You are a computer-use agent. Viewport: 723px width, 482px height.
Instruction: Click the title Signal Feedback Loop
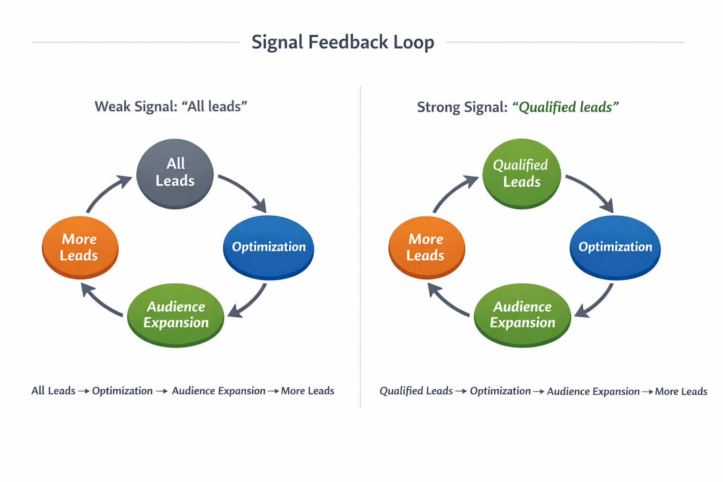pyautogui.click(x=343, y=42)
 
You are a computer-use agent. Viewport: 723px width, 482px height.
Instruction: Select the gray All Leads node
pyautogui.click(x=175, y=173)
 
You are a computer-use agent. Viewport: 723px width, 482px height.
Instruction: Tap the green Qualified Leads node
pyautogui.click(x=522, y=173)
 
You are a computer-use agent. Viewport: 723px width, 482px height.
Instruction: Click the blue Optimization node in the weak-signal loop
pyautogui.click(x=269, y=247)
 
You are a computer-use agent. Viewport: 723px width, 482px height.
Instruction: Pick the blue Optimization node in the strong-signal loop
pyautogui.click(x=615, y=247)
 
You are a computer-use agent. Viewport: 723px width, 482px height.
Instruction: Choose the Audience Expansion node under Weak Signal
pyautogui.click(x=176, y=314)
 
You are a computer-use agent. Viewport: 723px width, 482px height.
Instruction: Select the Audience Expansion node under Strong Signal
pyautogui.click(x=522, y=314)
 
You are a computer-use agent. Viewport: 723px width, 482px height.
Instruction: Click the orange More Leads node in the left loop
pyautogui.click(x=80, y=247)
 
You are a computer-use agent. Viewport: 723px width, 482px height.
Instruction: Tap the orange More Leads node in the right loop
pyautogui.click(x=426, y=247)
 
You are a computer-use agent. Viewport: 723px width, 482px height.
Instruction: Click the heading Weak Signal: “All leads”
pyautogui.click(x=170, y=106)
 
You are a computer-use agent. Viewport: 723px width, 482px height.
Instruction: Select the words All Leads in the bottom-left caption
pyautogui.click(x=53, y=391)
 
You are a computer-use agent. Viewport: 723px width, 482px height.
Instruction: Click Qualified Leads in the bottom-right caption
pyautogui.click(x=416, y=391)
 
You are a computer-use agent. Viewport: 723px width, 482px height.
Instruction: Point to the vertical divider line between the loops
pyautogui.click(x=361, y=245)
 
